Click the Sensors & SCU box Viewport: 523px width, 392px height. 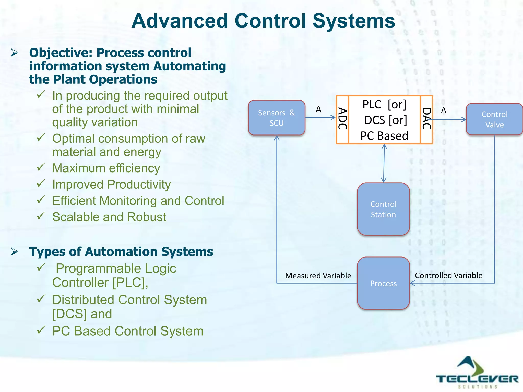tap(277, 118)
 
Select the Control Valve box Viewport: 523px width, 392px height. tap(494, 119)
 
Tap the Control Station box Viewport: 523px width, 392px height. tap(383, 209)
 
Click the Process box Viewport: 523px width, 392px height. tap(383, 283)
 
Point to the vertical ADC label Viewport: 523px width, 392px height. tap(342, 119)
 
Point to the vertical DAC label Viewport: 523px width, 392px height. tap(426, 119)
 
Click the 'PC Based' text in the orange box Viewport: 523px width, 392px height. tap(384, 136)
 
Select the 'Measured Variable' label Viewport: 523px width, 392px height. tap(318, 276)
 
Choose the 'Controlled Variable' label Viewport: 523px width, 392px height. tap(448, 275)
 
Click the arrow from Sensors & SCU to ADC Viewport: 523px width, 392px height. tap(320, 118)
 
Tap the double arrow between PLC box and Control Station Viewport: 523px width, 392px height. tap(384, 163)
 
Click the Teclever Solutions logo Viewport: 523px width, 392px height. tap(477, 373)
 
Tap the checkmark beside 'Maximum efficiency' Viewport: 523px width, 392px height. tap(41, 167)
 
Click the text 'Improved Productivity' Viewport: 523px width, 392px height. tap(111, 185)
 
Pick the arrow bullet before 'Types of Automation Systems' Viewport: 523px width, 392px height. tap(15, 252)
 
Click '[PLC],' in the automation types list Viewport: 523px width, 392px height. tap(130, 283)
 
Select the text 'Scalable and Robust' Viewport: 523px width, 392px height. tap(109, 217)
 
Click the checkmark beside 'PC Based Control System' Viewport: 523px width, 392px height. tap(41, 330)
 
